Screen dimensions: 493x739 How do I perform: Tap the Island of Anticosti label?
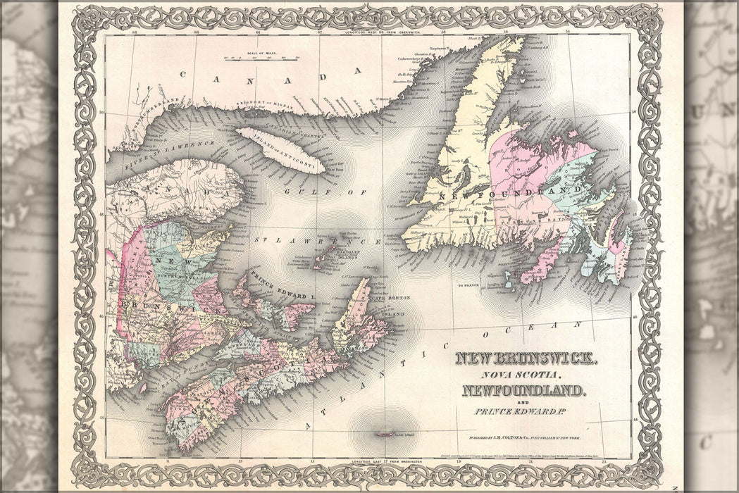(x=280, y=149)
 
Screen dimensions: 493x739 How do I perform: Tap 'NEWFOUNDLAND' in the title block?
(x=523, y=390)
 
